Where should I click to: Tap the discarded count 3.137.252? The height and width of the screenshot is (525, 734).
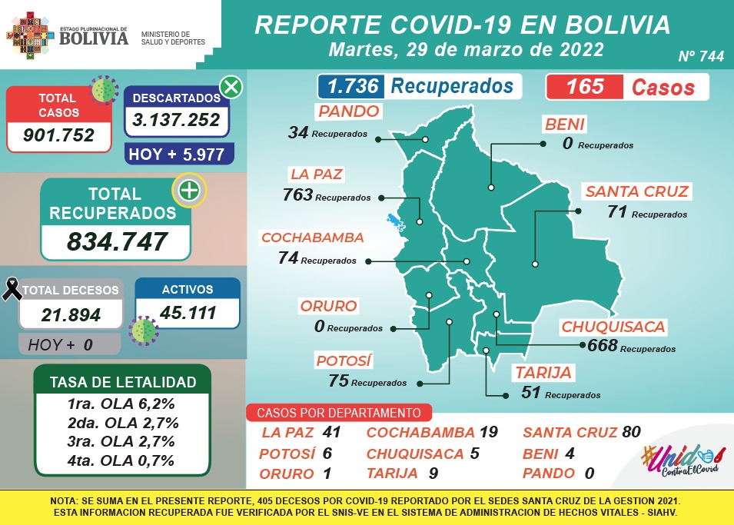point(176,120)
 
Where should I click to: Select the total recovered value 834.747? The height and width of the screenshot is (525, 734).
point(117,241)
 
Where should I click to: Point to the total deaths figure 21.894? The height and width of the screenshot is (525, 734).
point(70,314)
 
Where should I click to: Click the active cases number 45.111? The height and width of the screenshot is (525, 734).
point(188,313)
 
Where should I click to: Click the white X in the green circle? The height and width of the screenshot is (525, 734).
point(231,87)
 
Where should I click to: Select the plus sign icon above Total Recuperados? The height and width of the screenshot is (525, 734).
point(189,191)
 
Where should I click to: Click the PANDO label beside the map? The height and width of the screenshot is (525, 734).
point(349,111)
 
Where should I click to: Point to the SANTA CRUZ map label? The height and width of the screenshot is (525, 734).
point(636,191)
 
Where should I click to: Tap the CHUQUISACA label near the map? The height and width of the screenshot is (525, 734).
point(613,327)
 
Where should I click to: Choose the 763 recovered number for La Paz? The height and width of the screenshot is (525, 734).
point(297,195)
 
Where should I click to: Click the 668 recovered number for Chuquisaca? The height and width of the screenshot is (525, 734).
point(603,346)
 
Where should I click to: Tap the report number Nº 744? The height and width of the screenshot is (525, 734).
point(701,57)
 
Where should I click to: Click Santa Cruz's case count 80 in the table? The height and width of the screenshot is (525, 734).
point(631,432)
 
